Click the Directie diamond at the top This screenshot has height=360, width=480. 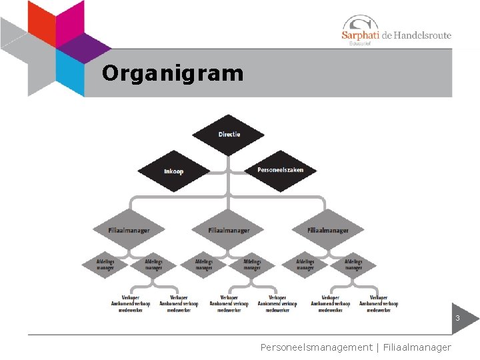pyautogui.click(x=229, y=134)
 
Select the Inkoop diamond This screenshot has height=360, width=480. pyautogui.click(x=173, y=171)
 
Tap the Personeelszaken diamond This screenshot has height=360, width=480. pyautogui.click(x=280, y=170)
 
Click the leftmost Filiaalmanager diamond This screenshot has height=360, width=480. pyautogui.click(x=129, y=231)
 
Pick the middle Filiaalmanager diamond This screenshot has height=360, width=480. pyautogui.click(x=229, y=231)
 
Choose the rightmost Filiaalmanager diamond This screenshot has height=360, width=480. pyautogui.click(x=328, y=231)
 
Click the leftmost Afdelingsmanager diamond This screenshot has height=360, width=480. pyautogui.click(x=105, y=265)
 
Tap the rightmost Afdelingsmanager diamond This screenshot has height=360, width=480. pyautogui.click(x=353, y=265)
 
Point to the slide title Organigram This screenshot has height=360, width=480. pyautogui.click(x=173, y=73)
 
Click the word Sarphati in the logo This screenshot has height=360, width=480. pyautogui.click(x=359, y=35)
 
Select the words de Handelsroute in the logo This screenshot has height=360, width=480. pyautogui.click(x=416, y=35)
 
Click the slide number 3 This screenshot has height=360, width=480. pyautogui.click(x=457, y=319)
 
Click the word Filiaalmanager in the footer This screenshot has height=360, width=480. pyautogui.click(x=417, y=347)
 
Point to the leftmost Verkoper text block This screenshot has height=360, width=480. pyautogui.click(x=130, y=304)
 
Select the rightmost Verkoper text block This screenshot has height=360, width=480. pyautogui.click(x=379, y=304)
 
